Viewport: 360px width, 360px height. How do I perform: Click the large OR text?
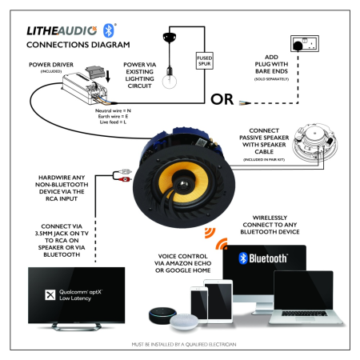222,100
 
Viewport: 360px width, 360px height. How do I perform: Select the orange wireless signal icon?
211,235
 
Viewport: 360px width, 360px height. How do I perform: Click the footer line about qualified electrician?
179,344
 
